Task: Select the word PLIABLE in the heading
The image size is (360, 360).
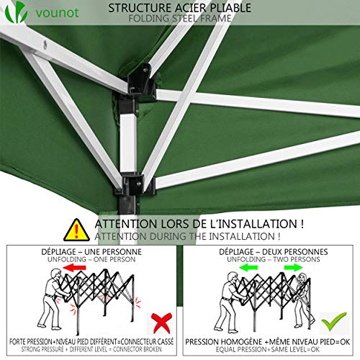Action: (229, 8)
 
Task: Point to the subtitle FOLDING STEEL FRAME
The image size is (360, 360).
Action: (179, 18)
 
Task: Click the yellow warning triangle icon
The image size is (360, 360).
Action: (76, 230)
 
